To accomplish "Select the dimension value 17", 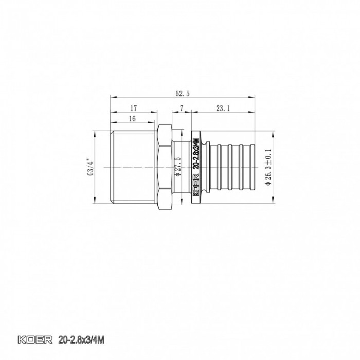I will click(x=133, y=108).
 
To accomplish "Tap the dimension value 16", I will click(x=132, y=118).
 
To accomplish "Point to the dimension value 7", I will click(x=182, y=108).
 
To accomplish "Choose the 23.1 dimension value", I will click(x=223, y=108).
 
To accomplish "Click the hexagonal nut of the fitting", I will click(x=165, y=167).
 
